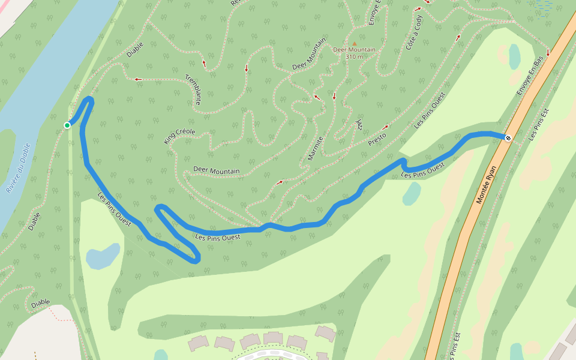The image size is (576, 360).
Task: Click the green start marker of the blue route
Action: tap(67, 125)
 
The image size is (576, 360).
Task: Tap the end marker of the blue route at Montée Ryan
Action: tap(508, 138)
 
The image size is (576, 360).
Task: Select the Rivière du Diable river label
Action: tap(18, 169)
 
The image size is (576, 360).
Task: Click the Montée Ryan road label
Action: tap(488, 185)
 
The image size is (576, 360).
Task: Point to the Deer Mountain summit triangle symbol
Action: tap(354, 43)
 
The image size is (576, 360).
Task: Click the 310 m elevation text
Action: tap(354, 57)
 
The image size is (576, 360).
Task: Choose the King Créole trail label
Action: tap(179, 136)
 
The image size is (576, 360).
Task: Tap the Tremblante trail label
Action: tap(193, 89)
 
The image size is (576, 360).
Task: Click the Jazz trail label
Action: tap(359, 124)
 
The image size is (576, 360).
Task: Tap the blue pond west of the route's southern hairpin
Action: tap(103, 256)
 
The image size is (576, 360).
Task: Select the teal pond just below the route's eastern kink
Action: tap(412, 194)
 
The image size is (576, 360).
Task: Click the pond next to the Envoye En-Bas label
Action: tap(514, 57)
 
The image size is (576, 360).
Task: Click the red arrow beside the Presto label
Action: tap(386, 127)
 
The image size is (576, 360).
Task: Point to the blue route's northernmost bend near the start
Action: tap(90, 99)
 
